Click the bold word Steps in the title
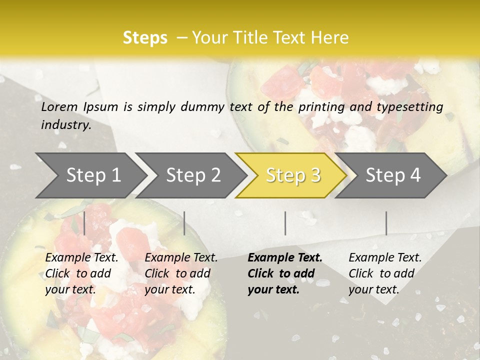tap(145, 38)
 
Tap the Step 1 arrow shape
tap(90, 175)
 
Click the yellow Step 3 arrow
tap(292, 175)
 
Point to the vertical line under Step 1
tap(84, 223)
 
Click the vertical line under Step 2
tap(184, 223)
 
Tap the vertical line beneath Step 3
tap(285, 223)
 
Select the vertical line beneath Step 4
tap(386, 223)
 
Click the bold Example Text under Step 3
tap(285, 273)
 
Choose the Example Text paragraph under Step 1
tap(81, 273)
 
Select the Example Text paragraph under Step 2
tap(181, 273)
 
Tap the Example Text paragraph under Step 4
tap(385, 273)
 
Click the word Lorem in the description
tap(59, 106)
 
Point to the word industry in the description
tap(66, 125)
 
